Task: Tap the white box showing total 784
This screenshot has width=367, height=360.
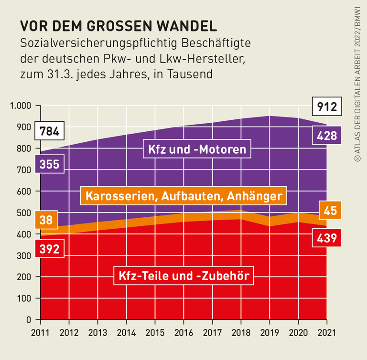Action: click(x=50, y=131)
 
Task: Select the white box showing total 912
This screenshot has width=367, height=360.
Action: click(x=326, y=106)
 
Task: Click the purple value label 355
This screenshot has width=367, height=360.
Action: click(x=50, y=164)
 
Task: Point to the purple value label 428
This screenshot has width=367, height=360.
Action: click(x=326, y=136)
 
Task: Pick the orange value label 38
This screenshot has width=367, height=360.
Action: click(x=46, y=220)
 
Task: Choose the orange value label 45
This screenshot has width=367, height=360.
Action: click(x=330, y=210)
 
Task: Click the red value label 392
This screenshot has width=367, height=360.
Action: click(x=50, y=248)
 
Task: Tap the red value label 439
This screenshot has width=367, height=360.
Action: click(x=326, y=238)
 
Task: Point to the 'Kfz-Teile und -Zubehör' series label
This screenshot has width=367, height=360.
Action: click(x=184, y=275)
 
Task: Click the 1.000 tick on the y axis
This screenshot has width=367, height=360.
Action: click(x=21, y=106)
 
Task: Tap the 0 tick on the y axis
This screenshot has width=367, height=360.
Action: click(x=29, y=319)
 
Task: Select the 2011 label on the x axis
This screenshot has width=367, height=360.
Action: click(x=41, y=331)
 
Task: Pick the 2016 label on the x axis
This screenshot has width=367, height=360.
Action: click(x=183, y=331)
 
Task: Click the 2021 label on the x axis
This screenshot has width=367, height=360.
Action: click(x=326, y=331)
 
